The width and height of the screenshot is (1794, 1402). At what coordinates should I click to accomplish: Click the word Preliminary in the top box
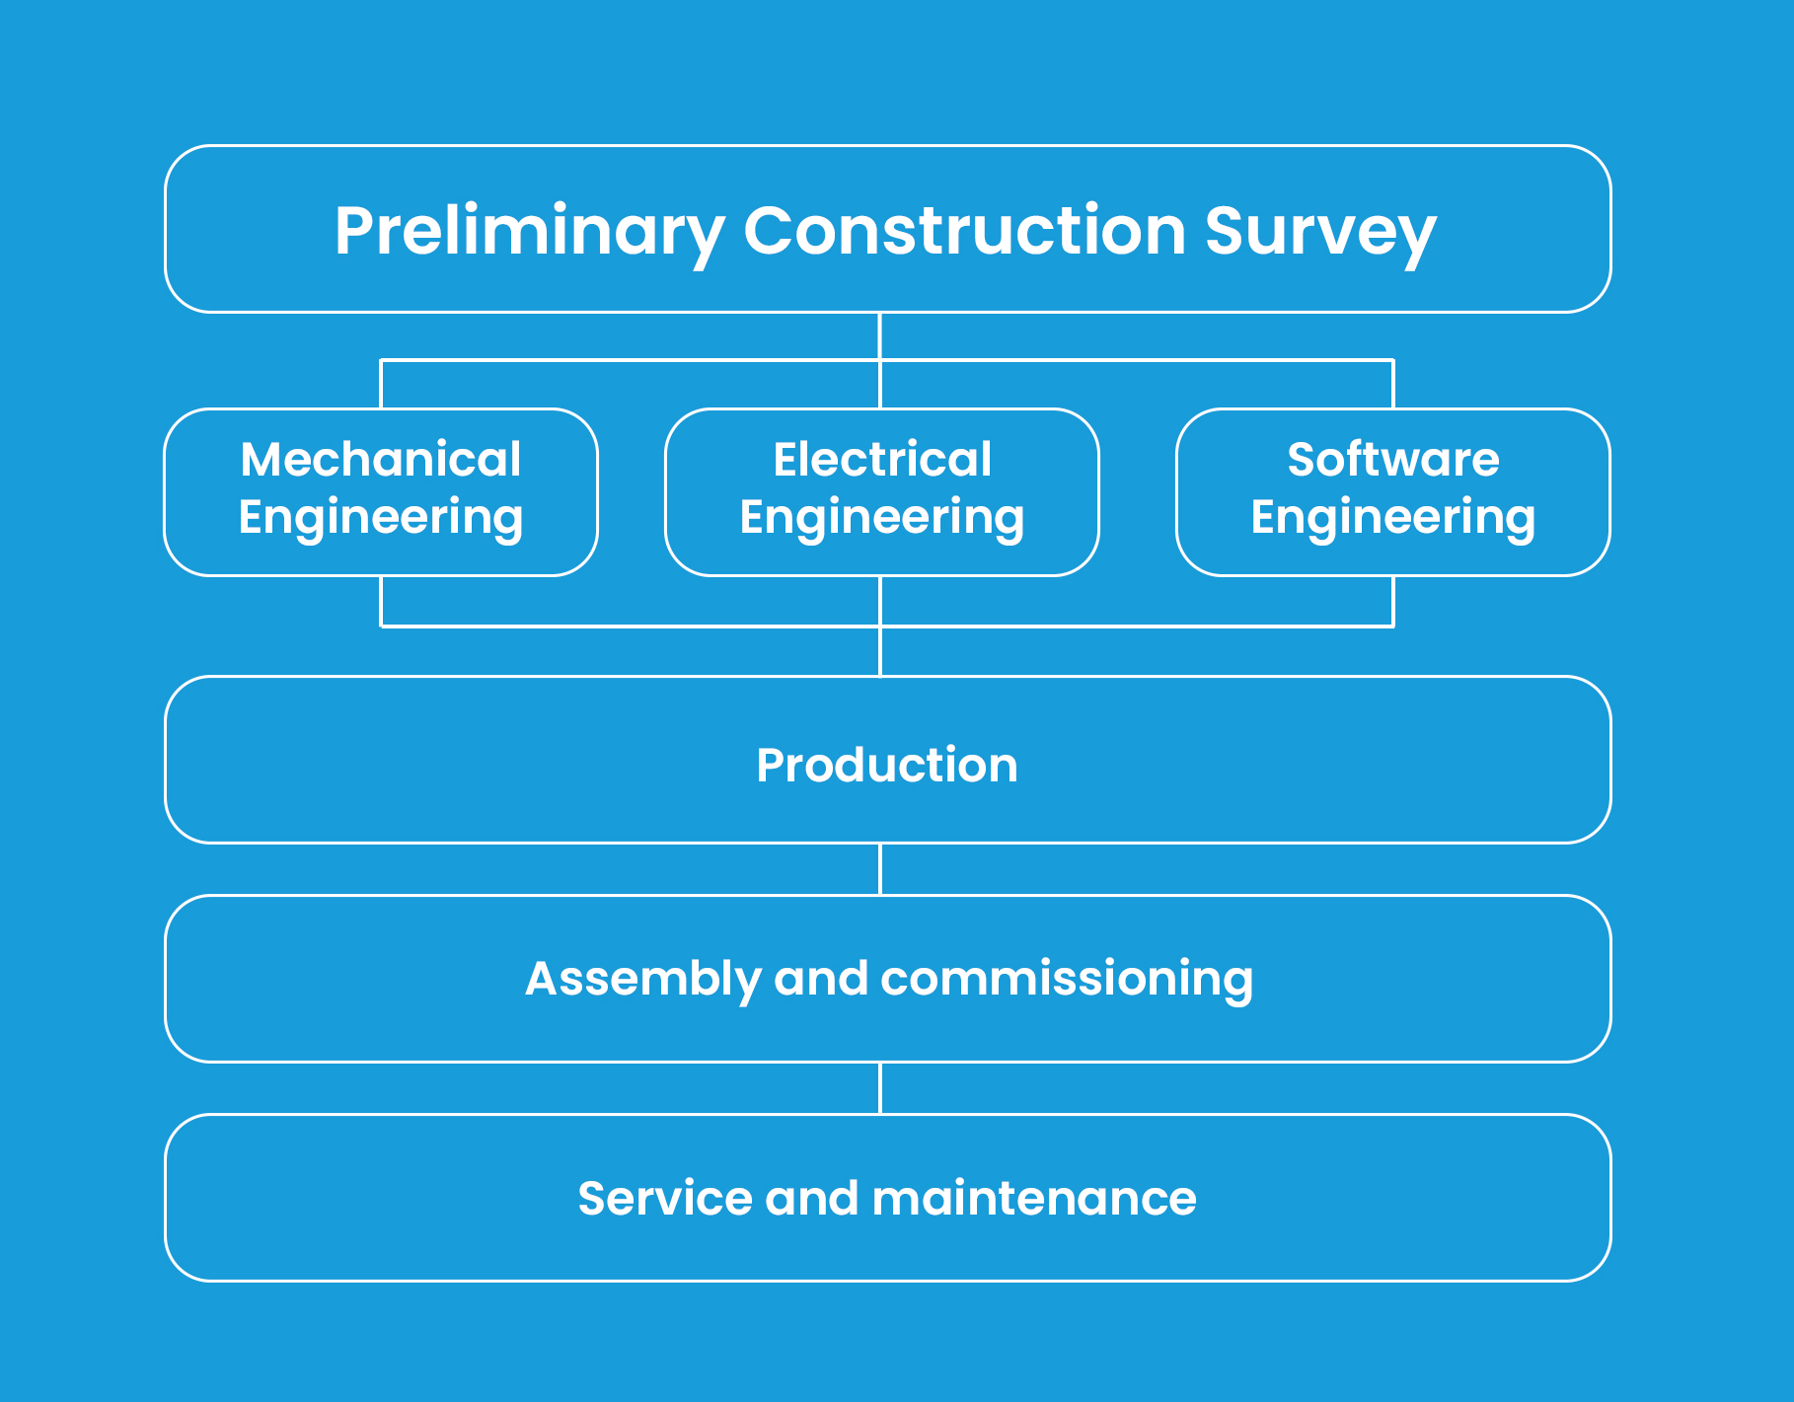pos(529,233)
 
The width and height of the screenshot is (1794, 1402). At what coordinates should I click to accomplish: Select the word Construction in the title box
pos(964,230)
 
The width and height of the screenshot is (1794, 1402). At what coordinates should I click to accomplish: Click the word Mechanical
pos(381,460)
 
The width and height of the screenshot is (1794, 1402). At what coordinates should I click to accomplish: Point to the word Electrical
pos(882,460)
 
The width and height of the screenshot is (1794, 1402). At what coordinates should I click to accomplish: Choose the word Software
pos(1393,460)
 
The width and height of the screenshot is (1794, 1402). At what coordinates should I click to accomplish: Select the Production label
pos(887,766)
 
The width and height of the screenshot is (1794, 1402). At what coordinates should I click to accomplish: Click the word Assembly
pos(641,981)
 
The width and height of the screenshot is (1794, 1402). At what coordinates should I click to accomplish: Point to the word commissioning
pos(1067,981)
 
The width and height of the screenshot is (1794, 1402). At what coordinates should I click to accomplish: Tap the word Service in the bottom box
pos(666,1199)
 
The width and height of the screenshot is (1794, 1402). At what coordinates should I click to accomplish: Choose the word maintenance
pos(1034,1199)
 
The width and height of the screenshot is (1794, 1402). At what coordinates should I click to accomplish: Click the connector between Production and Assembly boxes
pos(880,869)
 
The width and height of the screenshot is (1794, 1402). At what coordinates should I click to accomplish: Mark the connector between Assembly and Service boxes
pos(880,1088)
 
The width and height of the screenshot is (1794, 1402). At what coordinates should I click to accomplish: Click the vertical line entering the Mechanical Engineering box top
pos(381,385)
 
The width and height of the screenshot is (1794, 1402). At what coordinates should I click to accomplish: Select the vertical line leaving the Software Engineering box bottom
pos(1393,601)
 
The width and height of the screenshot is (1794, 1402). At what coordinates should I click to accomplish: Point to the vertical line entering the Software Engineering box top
pos(1393,385)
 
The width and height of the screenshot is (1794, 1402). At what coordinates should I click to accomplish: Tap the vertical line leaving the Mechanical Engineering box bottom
pos(381,601)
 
